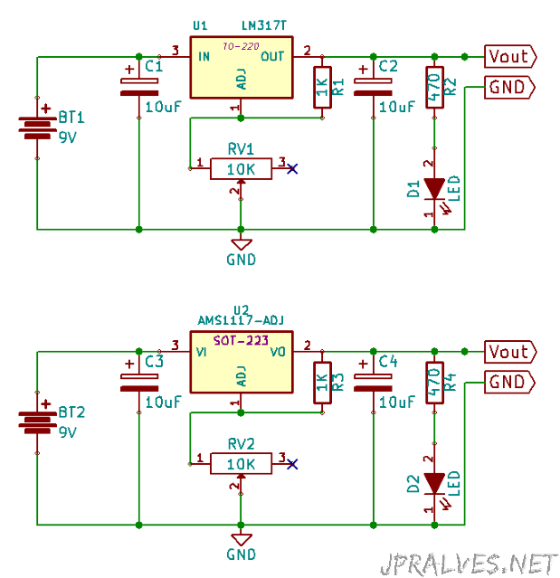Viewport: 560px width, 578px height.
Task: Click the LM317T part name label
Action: coord(263,25)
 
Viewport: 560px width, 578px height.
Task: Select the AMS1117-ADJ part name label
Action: coord(241,320)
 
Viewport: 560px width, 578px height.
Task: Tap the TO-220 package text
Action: coord(241,46)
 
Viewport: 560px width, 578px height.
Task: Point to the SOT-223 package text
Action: coord(241,340)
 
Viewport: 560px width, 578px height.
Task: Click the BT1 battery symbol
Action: coord(37,128)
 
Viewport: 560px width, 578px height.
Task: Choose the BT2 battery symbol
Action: coord(37,422)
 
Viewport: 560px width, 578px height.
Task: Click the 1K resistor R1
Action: coord(322,88)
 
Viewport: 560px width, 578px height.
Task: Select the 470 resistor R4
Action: coord(434,383)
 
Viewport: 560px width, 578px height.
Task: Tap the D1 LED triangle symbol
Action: coord(434,189)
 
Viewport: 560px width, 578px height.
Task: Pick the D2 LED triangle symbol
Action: coord(434,484)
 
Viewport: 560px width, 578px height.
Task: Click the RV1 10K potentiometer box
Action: coord(242,169)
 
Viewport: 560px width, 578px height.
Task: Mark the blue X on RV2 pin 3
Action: coord(292,464)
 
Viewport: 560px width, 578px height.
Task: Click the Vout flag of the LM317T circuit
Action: coord(510,56)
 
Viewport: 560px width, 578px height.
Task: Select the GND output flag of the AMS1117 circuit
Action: coord(509,382)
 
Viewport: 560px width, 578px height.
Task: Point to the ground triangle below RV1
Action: coord(242,244)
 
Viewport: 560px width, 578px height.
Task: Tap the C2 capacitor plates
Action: coord(373,87)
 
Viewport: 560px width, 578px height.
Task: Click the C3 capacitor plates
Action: coord(139,383)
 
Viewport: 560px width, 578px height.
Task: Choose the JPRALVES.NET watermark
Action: coord(469,564)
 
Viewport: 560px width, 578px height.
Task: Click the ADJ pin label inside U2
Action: coord(242,376)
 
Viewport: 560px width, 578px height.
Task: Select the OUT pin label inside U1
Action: coord(272,56)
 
